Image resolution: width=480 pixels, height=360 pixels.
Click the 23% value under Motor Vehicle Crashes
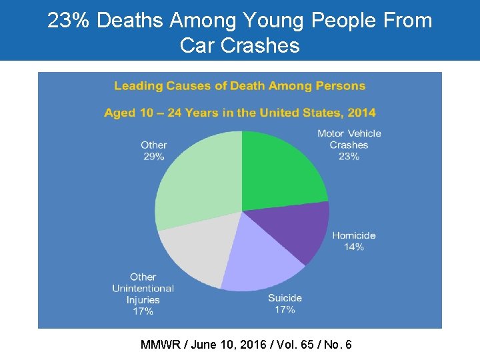[x=349, y=157]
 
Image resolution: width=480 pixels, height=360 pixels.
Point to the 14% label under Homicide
[x=353, y=247]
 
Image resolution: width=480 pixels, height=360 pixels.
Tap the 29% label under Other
[x=153, y=156]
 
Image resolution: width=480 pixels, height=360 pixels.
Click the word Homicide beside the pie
[x=354, y=235]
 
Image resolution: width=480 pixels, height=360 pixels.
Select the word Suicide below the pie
[x=285, y=298]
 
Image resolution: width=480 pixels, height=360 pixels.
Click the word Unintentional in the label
[x=143, y=288]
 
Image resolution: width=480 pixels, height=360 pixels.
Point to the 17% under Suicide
[x=285, y=309]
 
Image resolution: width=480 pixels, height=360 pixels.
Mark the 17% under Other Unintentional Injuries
[x=143, y=311]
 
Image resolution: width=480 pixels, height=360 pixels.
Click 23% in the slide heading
[x=69, y=21]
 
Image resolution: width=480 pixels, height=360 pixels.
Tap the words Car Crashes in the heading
[x=239, y=45]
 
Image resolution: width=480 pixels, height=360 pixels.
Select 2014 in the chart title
[x=360, y=113]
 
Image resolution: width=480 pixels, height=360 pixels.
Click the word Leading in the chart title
[x=137, y=85]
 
